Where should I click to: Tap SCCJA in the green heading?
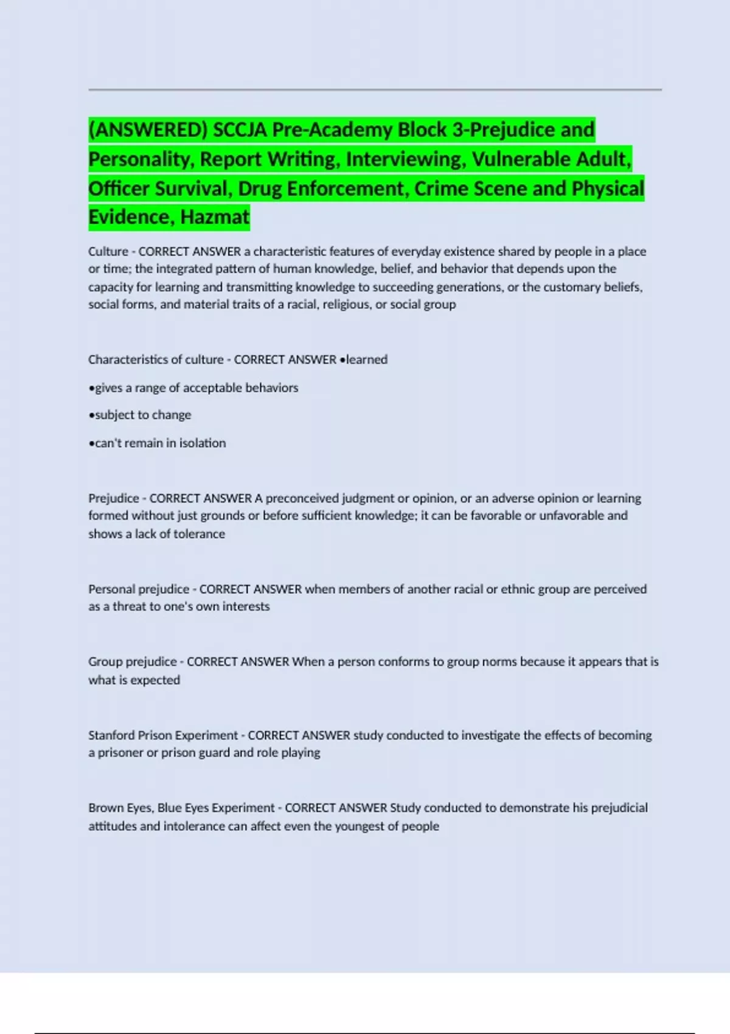tap(240, 130)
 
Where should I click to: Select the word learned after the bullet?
tap(367, 359)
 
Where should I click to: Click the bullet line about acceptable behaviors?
tap(193, 387)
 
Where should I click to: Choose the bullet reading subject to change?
tap(140, 415)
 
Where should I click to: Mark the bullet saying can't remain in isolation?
tap(157, 443)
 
